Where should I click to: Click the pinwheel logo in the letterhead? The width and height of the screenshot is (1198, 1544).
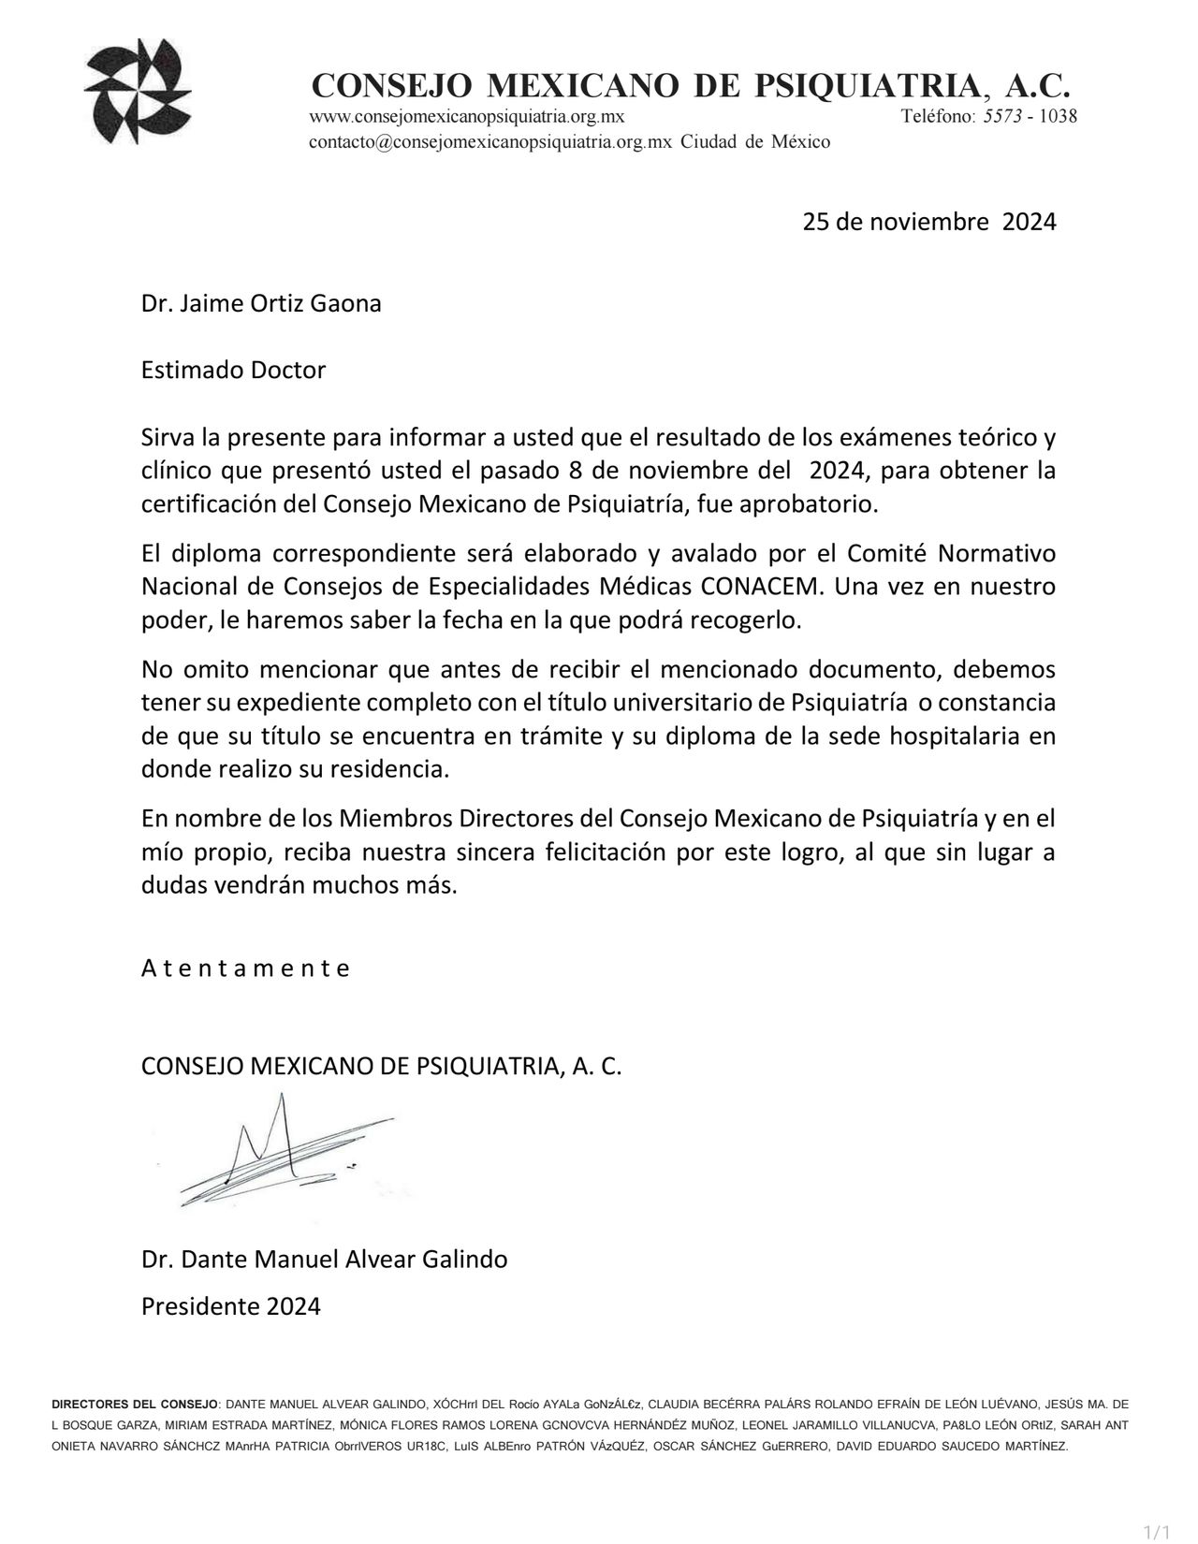[x=138, y=91]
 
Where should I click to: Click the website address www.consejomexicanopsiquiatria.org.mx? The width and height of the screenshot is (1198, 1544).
[x=466, y=117]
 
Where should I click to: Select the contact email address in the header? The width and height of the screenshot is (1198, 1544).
[x=490, y=142]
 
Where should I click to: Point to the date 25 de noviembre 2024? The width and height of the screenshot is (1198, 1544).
[x=928, y=222]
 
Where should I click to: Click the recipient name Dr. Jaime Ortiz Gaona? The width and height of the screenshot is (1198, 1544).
[x=261, y=304]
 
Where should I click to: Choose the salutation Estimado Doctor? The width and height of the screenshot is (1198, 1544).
[x=233, y=370]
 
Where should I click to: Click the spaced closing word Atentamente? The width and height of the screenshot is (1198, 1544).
[x=245, y=969]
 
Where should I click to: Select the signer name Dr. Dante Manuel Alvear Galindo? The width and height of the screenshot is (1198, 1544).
[x=324, y=1260]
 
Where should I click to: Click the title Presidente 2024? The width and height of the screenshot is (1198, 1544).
[x=230, y=1306]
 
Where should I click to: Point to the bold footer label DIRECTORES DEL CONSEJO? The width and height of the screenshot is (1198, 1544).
[x=135, y=1405]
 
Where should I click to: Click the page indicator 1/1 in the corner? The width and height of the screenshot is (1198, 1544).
[x=1158, y=1532]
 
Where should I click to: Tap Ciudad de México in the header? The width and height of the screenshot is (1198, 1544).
[x=754, y=142]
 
